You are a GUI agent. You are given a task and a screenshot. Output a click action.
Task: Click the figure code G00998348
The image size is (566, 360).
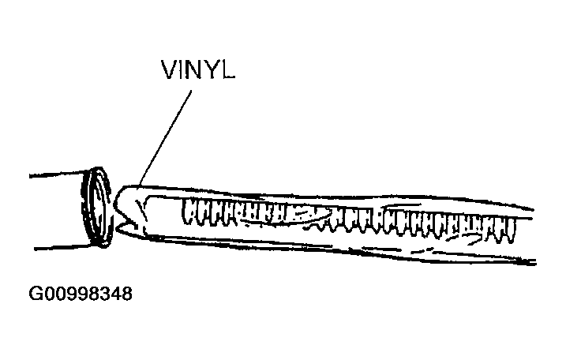coord(81,295)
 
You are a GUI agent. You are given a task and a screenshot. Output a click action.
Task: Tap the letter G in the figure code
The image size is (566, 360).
coord(35,295)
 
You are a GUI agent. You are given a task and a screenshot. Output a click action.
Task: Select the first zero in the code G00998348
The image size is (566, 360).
coord(47,295)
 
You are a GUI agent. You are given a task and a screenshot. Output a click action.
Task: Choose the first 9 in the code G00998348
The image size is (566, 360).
coord(69,295)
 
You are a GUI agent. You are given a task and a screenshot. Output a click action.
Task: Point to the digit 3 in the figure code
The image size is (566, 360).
coord(103,295)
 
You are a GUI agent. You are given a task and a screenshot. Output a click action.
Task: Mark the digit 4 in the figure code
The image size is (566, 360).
coord(114,295)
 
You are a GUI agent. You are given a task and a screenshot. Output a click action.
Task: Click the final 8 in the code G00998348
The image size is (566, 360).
coord(126,295)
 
